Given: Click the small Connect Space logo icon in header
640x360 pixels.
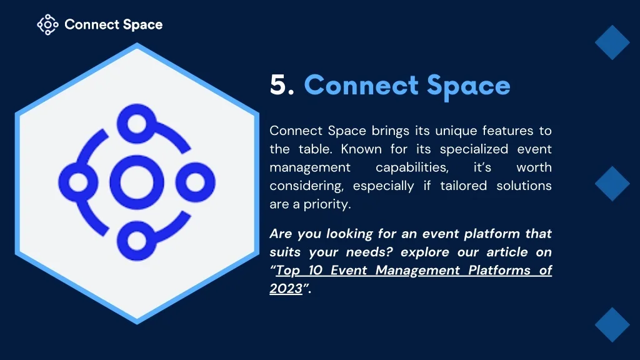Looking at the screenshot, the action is point(47,25).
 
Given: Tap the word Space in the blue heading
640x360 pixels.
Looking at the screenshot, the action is point(469,86).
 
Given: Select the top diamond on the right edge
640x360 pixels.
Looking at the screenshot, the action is point(612,42).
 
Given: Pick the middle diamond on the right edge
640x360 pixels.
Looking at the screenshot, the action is point(612,184).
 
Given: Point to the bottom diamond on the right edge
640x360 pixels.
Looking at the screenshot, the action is point(612,325).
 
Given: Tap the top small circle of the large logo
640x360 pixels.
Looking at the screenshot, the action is point(137,123).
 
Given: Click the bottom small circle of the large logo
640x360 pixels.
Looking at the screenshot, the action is point(137,241).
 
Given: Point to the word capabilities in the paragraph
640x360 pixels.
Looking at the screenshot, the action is point(412,168).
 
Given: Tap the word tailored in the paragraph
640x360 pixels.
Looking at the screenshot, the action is point(463,186).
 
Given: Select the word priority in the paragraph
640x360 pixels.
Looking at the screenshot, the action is point(327,204).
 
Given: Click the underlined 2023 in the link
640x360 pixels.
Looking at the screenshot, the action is point(286,289).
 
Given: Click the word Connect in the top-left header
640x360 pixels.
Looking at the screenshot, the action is point(91,25).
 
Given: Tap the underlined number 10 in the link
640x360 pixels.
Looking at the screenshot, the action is point(316,270).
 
